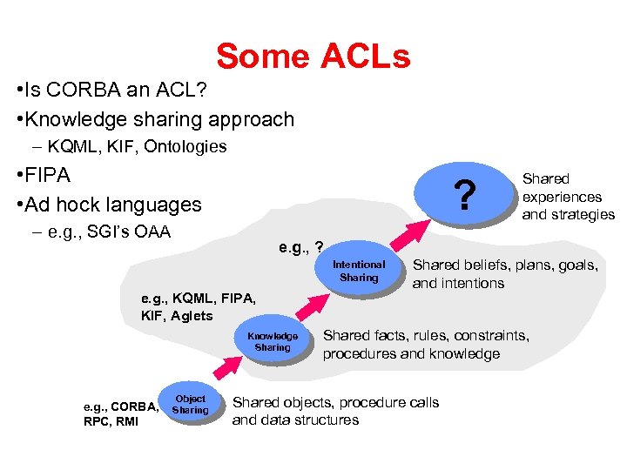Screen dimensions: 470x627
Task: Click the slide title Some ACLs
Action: [x=313, y=57]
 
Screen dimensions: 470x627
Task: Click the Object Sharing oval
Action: [x=190, y=405]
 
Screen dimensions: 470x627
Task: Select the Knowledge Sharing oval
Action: [x=273, y=342]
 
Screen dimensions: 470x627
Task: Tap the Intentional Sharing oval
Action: [x=359, y=271]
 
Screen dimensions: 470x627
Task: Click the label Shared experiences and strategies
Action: [x=568, y=196]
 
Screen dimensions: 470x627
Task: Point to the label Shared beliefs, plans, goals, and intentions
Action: [x=505, y=273]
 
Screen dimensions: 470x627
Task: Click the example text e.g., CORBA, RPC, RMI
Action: [x=119, y=413]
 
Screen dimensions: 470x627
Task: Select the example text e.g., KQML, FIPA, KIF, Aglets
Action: [x=199, y=306]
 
